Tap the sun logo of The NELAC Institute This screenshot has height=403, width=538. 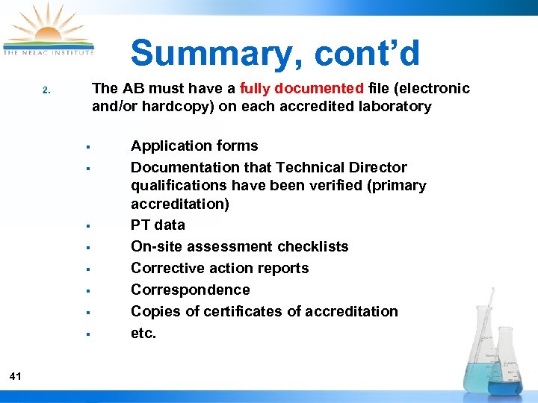(x=48, y=30)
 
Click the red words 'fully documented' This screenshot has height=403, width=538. (x=302, y=89)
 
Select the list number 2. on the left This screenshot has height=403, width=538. (x=46, y=91)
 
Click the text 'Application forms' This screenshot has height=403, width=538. (x=194, y=146)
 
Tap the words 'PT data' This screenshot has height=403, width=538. (x=158, y=225)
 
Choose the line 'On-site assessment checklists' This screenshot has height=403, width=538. (x=239, y=246)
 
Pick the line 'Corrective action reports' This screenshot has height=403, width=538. (x=220, y=268)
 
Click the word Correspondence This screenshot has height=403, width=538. (x=191, y=290)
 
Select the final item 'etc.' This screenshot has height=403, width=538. (x=143, y=333)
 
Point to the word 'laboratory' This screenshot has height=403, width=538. (x=395, y=106)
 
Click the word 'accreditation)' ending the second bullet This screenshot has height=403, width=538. (x=180, y=204)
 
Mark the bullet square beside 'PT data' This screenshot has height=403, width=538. (x=88, y=225)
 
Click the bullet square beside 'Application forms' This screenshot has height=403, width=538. (x=88, y=146)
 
